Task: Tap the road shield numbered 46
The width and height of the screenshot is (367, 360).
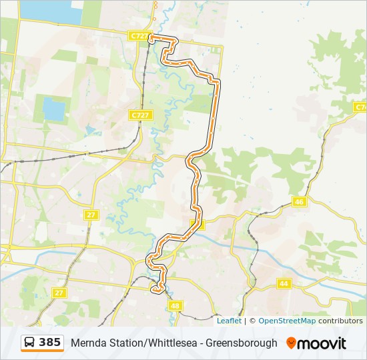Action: (x=299, y=202)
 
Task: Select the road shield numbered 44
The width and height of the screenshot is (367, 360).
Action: (x=284, y=283)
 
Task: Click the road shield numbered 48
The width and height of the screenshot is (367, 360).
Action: (x=175, y=305)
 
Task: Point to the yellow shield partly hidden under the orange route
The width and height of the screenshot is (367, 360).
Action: (x=197, y=224)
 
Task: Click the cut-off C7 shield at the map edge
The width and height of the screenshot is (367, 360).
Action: (x=361, y=107)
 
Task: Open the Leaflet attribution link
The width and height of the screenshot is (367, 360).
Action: (x=229, y=321)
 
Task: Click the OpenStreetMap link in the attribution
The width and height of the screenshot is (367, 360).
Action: (x=287, y=321)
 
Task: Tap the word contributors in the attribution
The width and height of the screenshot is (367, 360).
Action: (x=340, y=321)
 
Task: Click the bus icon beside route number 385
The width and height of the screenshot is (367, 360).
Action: (x=30, y=343)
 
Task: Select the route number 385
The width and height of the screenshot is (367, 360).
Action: (x=49, y=343)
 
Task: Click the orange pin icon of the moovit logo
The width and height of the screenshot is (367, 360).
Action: (x=291, y=343)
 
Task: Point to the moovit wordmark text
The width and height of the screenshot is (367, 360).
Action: (x=322, y=343)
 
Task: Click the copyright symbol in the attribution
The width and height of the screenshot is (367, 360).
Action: (x=252, y=321)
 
